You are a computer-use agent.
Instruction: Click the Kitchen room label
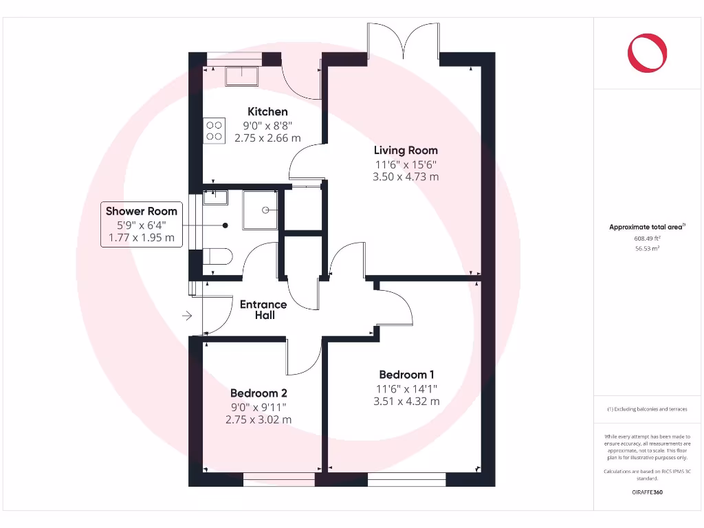point(267,111)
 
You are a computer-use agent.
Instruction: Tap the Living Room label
point(406,150)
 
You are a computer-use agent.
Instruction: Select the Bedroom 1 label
point(406,375)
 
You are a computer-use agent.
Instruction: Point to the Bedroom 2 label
point(258,393)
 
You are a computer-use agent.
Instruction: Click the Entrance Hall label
point(263,309)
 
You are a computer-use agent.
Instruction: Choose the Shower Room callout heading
point(142,211)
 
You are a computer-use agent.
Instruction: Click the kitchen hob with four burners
point(214,131)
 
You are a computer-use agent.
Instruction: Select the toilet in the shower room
point(219,256)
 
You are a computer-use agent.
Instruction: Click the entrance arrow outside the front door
point(187,316)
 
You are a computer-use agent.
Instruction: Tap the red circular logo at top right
point(647,54)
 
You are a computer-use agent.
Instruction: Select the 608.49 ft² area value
point(646,239)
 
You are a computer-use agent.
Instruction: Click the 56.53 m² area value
point(646,249)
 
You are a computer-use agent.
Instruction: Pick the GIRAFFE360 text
point(647,492)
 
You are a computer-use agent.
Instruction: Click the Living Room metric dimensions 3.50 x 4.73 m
point(406,177)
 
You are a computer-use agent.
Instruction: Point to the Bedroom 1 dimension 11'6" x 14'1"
point(406,388)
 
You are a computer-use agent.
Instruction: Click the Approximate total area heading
point(646,227)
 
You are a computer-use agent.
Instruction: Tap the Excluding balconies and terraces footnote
point(646,409)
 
